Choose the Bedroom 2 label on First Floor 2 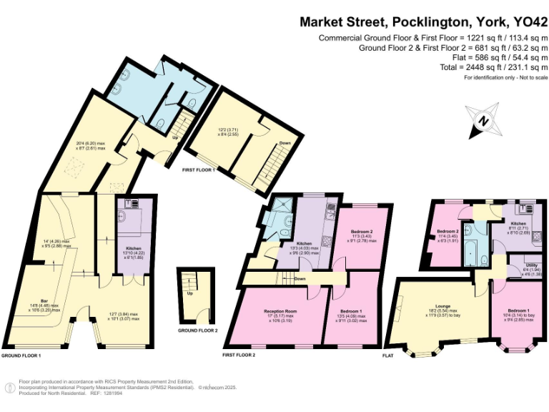pos(362,232)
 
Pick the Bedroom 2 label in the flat pos(447,232)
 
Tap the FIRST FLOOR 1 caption pos(199,170)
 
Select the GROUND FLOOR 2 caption pos(198,331)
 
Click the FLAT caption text pos(389,355)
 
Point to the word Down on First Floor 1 pos(285,142)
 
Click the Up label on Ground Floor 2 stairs pos(190,293)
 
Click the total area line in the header pos(494,67)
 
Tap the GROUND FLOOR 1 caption pos(21,355)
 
